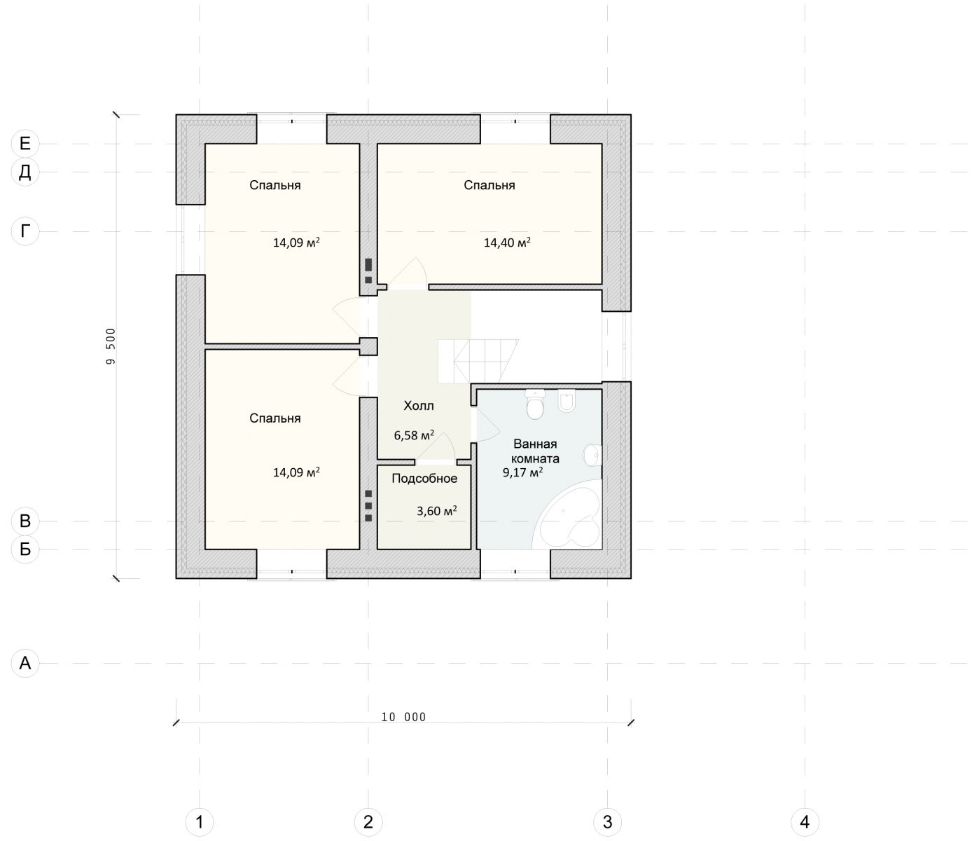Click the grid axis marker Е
pyautogui.click(x=25, y=144)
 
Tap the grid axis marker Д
pyautogui.click(x=25, y=172)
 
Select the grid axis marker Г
pyautogui.click(x=25, y=231)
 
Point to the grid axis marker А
pyautogui.click(x=25, y=663)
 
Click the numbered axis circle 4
pyautogui.click(x=805, y=822)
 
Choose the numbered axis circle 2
pyautogui.click(x=368, y=822)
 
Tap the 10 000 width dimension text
pyautogui.click(x=403, y=717)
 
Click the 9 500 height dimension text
pyautogui.click(x=111, y=346)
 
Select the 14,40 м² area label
pyautogui.click(x=508, y=242)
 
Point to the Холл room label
pyautogui.click(x=419, y=406)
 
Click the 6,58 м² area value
pyautogui.click(x=414, y=435)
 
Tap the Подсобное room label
pyautogui.click(x=424, y=479)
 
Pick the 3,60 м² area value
pyautogui.click(x=437, y=511)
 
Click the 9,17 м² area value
pyautogui.click(x=523, y=472)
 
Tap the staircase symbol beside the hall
pyautogui.click(x=478, y=362)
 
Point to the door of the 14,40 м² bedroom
pyautogui.click(x=408, y=273)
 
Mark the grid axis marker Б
pyautogui.click(x=25, y=549)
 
